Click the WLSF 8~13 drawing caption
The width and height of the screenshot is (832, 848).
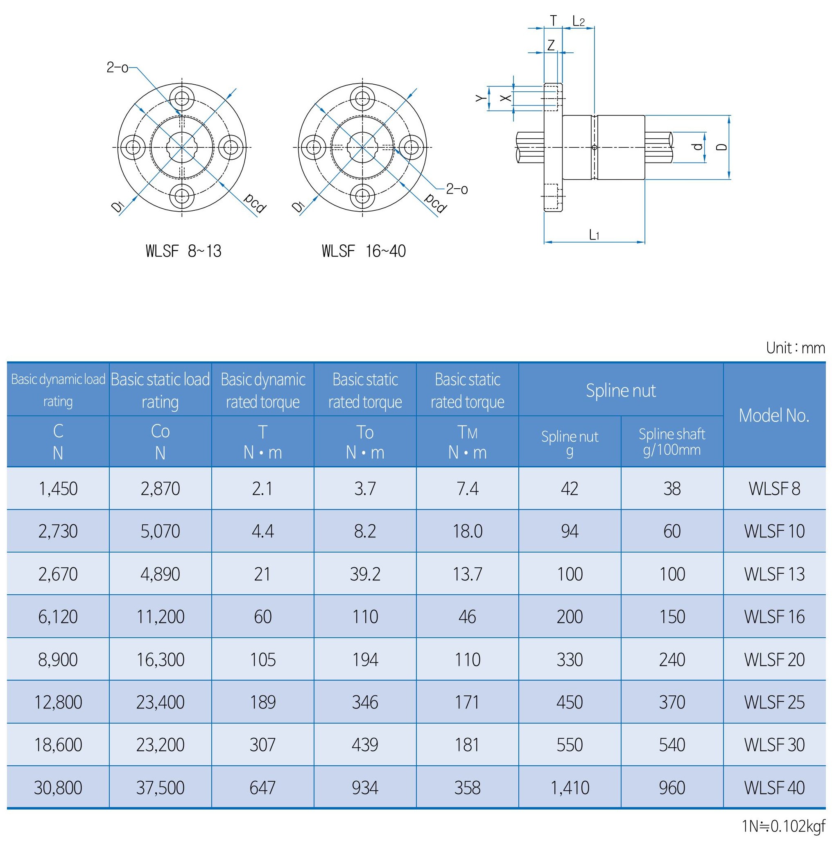click(183, 251)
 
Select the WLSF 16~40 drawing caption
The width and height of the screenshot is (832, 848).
click(364, 251)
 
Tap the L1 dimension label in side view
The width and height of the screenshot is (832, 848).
click(594, 235)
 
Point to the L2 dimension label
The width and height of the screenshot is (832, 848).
click(579, 21)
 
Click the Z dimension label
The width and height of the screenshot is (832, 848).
click(551, 45)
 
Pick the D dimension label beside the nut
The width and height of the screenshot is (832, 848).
click(723, 147)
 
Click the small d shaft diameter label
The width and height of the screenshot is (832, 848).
click(698, 147)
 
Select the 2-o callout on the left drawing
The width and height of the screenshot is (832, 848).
click(118, 68)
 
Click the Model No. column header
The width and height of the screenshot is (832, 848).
click(774, 415)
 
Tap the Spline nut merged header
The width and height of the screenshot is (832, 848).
click(621, 390)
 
